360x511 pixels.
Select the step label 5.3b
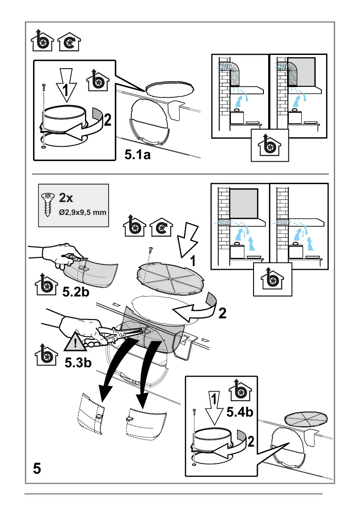[78, 363]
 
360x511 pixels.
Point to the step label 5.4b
[240, 413]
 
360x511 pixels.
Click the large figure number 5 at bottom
[37, 468]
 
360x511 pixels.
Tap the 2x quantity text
[67, 198]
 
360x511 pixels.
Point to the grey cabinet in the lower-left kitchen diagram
[243, 203]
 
